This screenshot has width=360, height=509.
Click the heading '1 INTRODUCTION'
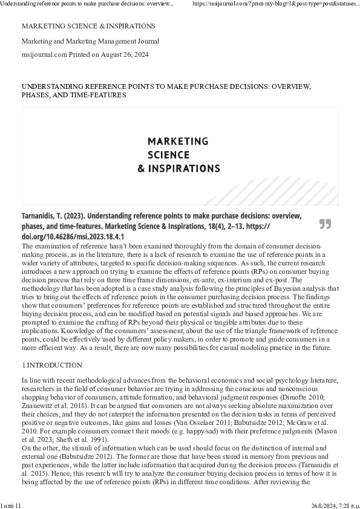[52, 365]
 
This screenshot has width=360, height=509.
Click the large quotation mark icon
[325, 224]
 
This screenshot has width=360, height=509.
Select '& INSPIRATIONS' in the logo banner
[179, 168]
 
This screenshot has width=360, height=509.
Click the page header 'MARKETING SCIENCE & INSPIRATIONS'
[88, 26]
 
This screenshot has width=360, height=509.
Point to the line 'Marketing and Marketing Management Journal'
[90, 41]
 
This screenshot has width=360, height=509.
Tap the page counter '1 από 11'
[11, 505]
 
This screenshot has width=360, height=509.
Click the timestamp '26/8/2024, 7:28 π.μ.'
[335, 505]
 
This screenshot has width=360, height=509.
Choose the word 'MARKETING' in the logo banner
[178, 141]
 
